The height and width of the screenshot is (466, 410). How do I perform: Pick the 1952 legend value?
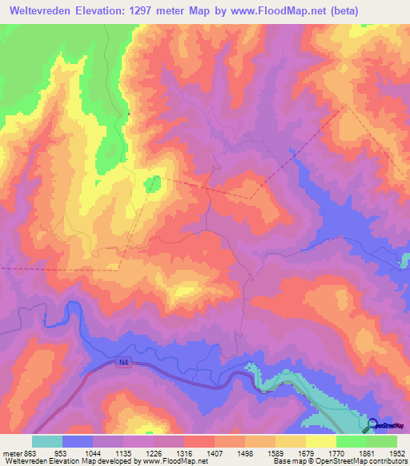(x=398, y=452)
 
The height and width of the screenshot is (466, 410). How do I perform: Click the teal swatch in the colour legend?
(x=46, y=441)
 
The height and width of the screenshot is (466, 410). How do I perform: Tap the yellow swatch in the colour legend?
(x=321, y=441)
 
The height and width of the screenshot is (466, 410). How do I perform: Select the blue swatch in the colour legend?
(x=77, y=441)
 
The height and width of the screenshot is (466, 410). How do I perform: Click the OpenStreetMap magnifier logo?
(x=373, y=426)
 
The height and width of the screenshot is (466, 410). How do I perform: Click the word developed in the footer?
(x=120, y=461)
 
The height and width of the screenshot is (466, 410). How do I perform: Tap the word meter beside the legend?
(x=10, y=452)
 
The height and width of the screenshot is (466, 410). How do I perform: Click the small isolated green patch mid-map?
(x=153, y=184)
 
